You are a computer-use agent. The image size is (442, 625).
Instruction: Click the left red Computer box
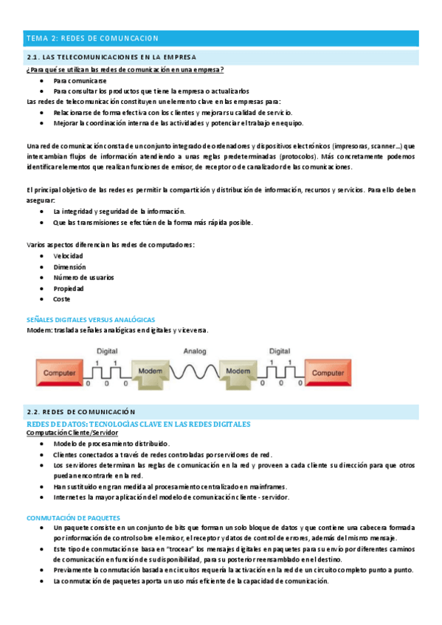pos(60,374)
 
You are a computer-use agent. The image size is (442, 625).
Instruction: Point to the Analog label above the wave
pos(195,351)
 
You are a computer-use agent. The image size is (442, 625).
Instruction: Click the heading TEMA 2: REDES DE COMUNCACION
pos(93,38)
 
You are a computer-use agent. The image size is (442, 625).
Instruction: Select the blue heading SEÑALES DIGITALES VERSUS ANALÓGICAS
pos(90,320)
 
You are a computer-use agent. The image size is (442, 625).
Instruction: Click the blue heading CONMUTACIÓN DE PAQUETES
pos(72,518)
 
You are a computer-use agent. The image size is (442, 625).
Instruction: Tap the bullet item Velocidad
pos(68,256)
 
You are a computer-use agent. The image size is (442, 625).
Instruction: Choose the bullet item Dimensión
pos(69,267)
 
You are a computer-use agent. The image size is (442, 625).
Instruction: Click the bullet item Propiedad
pos(69,288)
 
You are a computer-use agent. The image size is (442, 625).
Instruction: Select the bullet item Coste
pos(62,299)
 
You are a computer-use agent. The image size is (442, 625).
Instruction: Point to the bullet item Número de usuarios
pos(83,277)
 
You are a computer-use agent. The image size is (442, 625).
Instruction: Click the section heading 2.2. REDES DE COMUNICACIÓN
pos(81,411)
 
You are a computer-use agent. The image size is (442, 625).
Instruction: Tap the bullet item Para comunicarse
pos(80,80)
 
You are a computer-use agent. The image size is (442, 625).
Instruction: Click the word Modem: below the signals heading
pos(38,330)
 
